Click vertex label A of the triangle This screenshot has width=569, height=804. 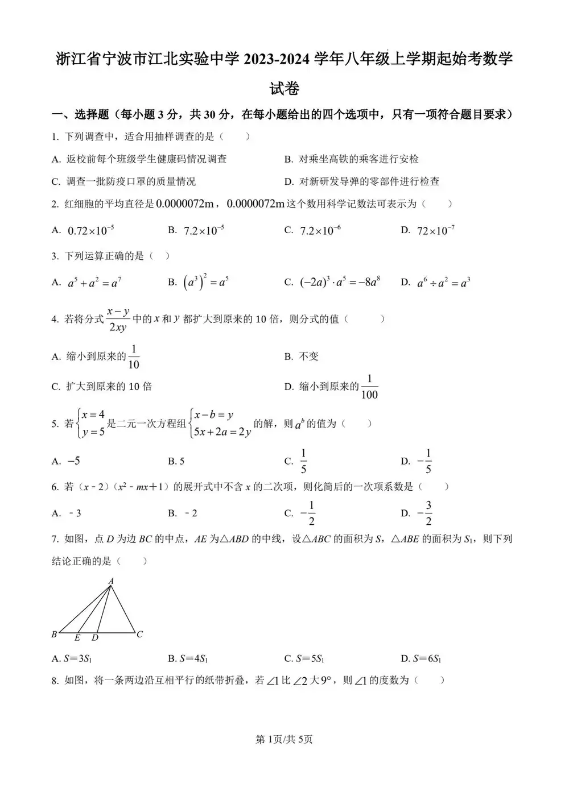click(x=111, y=581)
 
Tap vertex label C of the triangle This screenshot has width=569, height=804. click(x=139, y=634)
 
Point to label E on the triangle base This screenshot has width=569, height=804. click(x=77, y=638)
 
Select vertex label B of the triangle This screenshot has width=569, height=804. click(x=55, y=634)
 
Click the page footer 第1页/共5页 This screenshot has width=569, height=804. click(x=284, y=739)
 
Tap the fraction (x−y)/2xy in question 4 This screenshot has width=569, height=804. click(x=118, y=319)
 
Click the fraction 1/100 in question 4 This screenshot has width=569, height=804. click(x=369, y=387)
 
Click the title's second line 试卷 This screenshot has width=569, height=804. click(x=284, y=89)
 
